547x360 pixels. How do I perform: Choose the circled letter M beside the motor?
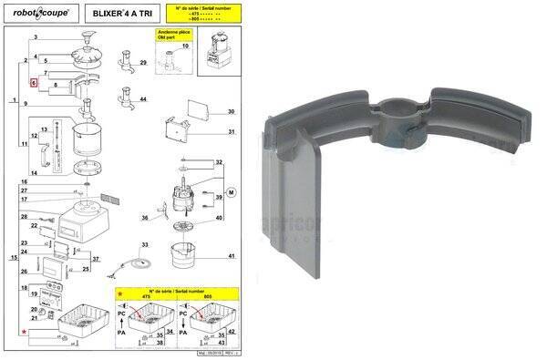(x=232, y=193)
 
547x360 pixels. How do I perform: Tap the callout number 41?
(x=232, y=256)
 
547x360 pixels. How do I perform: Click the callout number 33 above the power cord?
(x=144, y=246)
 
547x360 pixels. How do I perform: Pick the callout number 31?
(x=232, y=132)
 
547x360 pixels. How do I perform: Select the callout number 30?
(x=232, y=112)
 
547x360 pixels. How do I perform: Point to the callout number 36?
(x=144, y=219)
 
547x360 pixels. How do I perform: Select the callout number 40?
(x=219, y=218)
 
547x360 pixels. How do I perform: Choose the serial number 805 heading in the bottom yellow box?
(x=206, y=296)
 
